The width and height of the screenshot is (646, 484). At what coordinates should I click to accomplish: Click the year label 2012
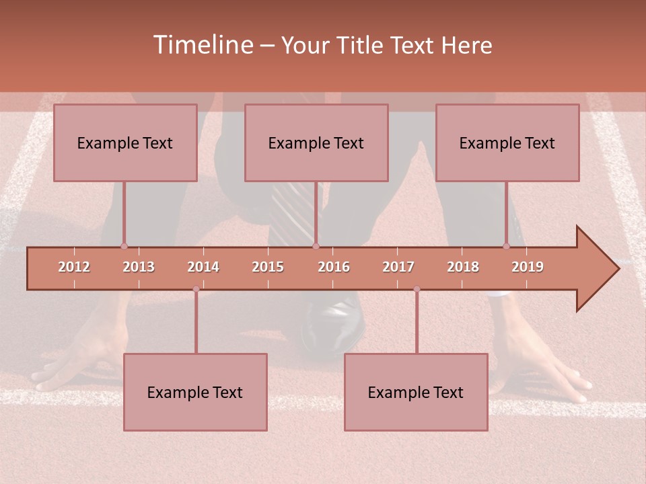pos(74,267)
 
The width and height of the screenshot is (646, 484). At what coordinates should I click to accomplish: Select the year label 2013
pos(139,267)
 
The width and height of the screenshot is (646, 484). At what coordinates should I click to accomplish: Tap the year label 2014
pos(203,267)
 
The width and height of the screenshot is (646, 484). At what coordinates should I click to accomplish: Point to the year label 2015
pos(268,267)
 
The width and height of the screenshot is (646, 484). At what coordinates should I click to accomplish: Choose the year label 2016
pos(334,267)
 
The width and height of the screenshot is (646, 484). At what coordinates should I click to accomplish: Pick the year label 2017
pos(398,267)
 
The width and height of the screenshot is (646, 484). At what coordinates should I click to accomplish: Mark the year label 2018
pos(463,267)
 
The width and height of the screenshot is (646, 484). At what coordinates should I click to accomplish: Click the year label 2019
pos(528,267)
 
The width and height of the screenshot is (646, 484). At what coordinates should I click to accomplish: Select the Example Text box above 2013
pos(125,143)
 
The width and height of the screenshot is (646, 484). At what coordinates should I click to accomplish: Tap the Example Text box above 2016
pos(316,143)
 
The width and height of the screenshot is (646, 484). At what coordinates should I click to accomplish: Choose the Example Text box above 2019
pos(507,143)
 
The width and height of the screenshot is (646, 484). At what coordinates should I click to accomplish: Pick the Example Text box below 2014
pos(195,392)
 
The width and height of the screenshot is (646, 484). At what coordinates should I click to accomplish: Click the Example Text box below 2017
pos(416,392)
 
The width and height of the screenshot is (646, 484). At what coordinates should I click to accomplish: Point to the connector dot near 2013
pos(124,246)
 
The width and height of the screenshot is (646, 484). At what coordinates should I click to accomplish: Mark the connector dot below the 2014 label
pos(196,289)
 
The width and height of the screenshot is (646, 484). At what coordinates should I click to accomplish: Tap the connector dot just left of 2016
pos(316,246)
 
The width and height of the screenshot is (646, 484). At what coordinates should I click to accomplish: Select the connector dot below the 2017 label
pos(417,289)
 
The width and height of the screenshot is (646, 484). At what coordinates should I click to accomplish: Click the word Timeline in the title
pos(203,45)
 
